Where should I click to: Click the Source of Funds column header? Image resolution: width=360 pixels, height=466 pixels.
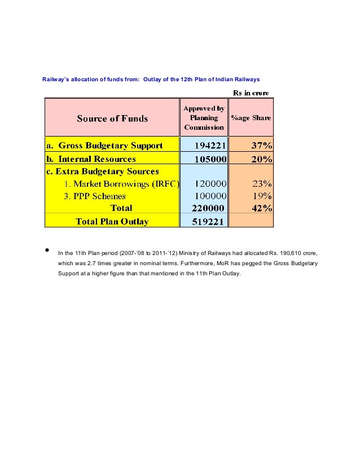pyautogui.click(x=112, y=118)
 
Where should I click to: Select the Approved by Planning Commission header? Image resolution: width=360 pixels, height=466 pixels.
pyautogui.click(x=204, y=118)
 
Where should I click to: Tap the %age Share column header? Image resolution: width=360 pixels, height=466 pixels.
pyautogui.click(x=251, y=118)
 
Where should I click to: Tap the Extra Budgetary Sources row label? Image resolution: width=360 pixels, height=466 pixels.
pyautogui.click(x=103, y=172)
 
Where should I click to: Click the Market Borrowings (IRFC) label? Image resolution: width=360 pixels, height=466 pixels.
pyautogui.click(x=121, y=184)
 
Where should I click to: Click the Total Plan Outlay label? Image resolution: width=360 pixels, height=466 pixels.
pyautogui.click(x=112, y=221)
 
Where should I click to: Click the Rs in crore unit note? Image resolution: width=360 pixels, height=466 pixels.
pyautogui.click(x=251, y=93)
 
